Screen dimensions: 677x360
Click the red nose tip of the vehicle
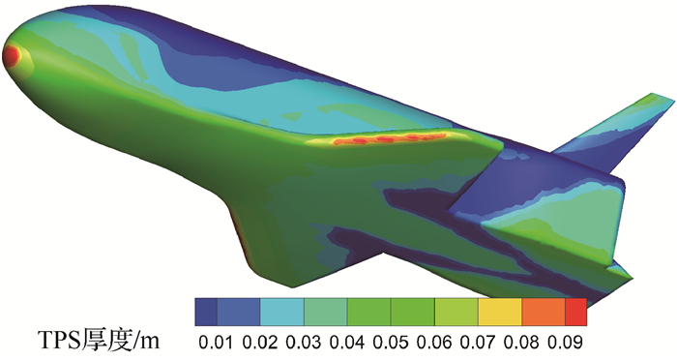(x=11, y=56)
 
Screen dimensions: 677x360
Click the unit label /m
(x=145, y=341)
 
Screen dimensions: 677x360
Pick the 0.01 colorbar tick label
(x=216, y=343)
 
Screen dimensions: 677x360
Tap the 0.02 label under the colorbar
(x=259, y=343)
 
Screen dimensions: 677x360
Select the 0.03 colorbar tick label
(x=304, y=343)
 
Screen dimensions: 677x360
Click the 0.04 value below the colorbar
(x=347, y=343)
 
